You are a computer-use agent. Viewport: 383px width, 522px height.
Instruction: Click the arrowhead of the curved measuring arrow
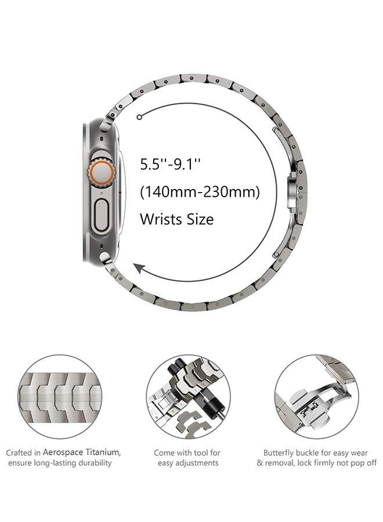[138, 267]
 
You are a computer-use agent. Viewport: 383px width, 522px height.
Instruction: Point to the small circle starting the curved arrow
[139, 117]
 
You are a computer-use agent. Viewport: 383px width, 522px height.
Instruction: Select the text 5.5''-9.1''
[170, 164]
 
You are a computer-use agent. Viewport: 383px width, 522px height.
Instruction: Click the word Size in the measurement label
[200, 219]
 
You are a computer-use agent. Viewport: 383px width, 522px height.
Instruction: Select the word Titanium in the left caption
[103, 452]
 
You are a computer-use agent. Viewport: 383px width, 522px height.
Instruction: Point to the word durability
[92, 463]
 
